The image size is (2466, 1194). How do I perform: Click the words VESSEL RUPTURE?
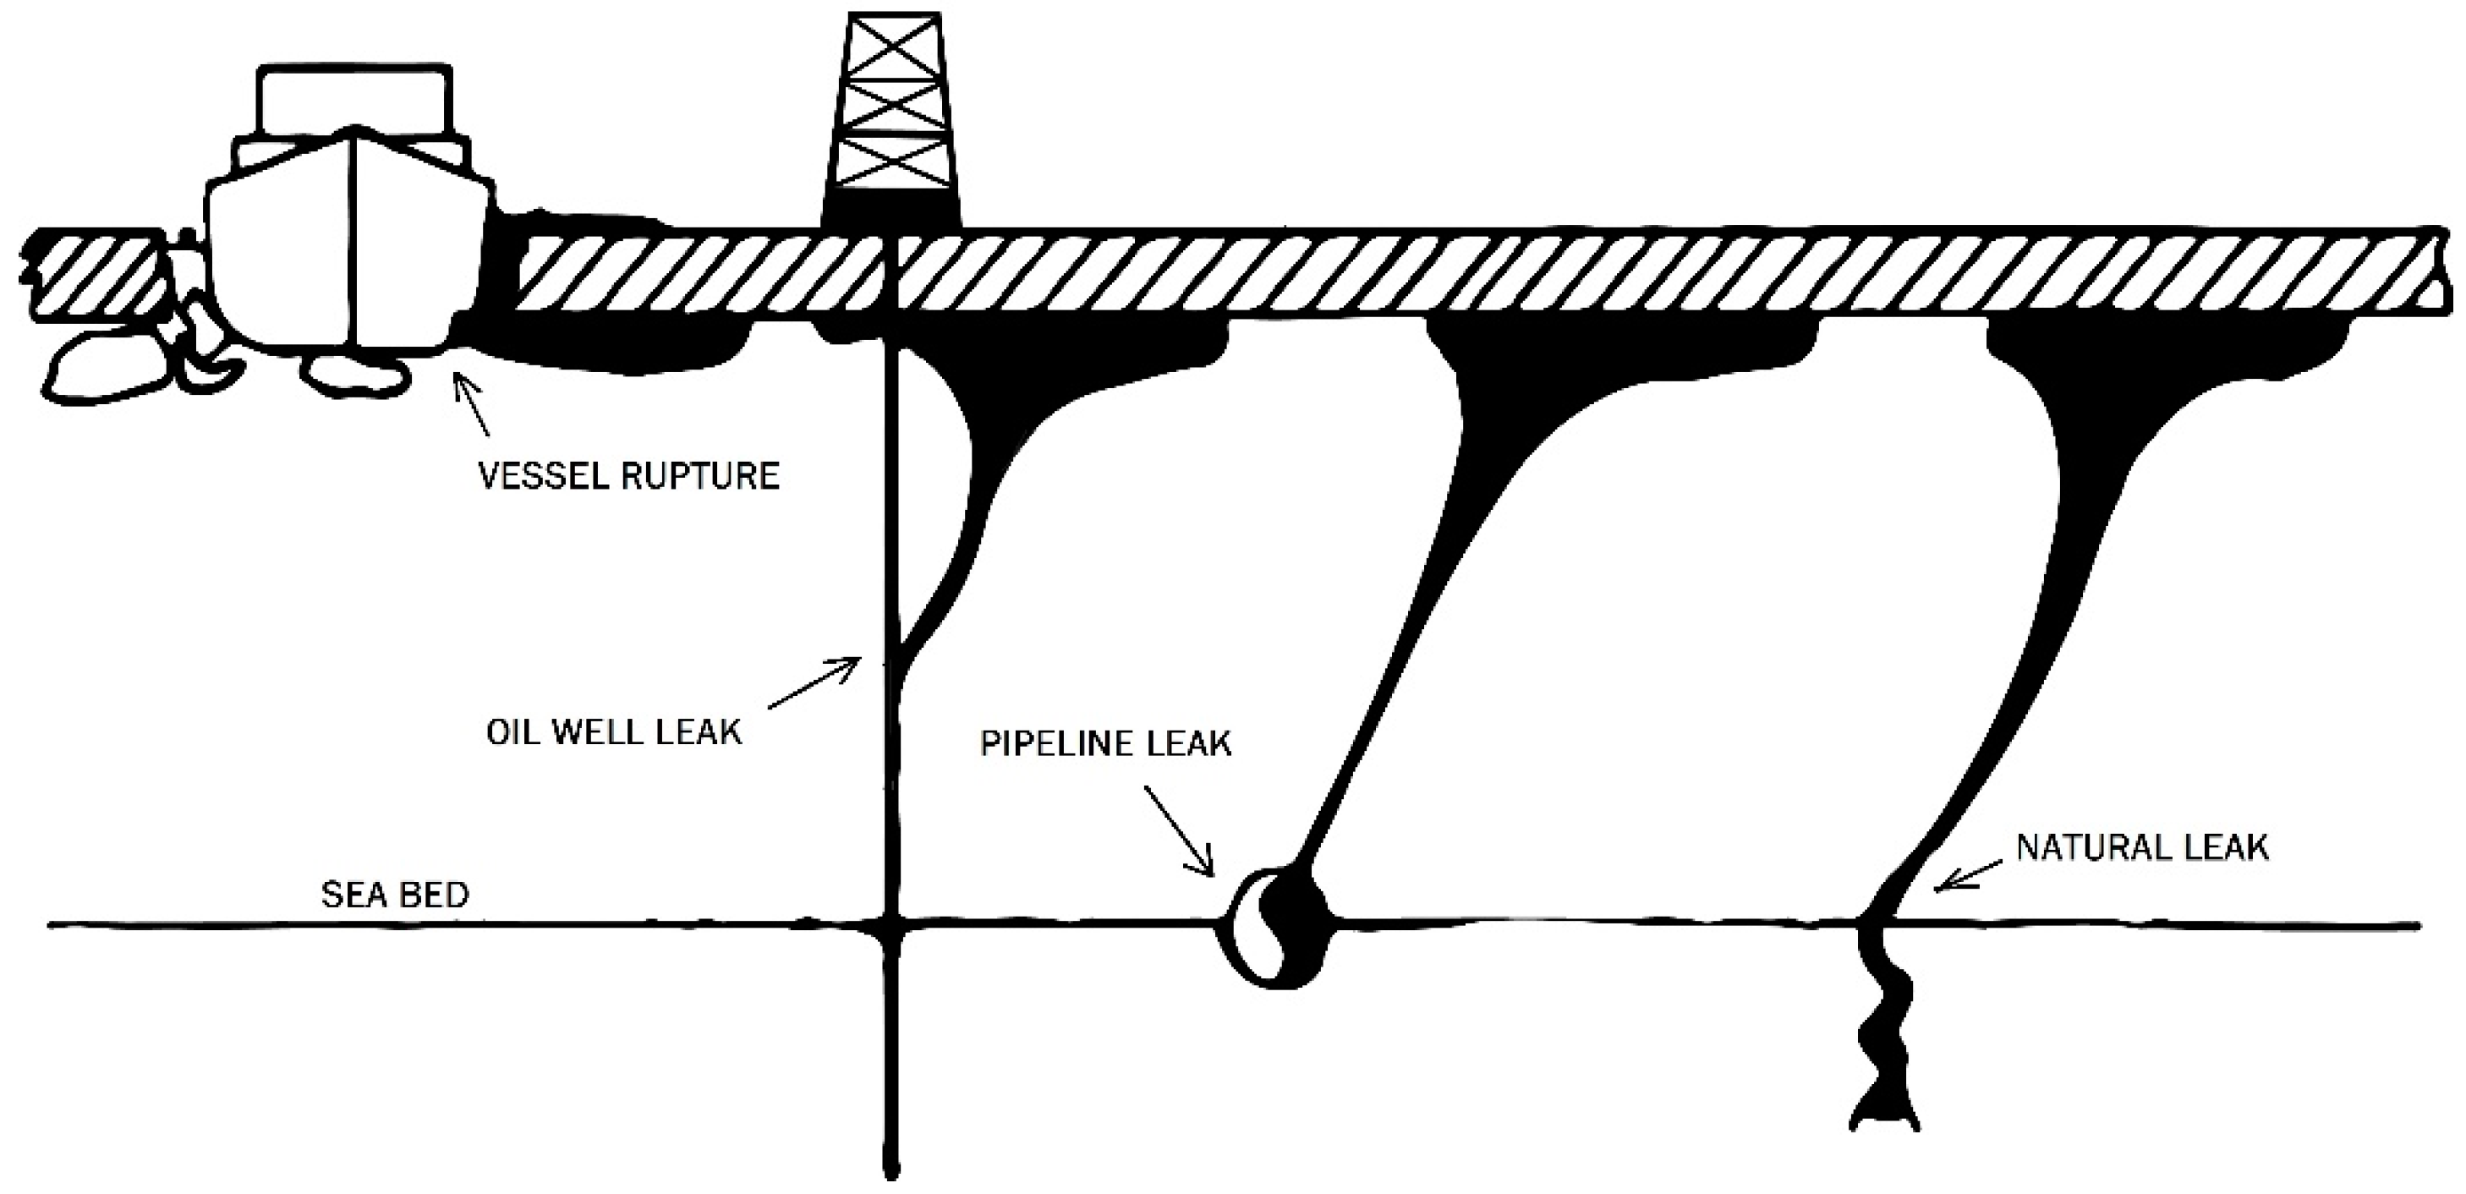tap(629, 476)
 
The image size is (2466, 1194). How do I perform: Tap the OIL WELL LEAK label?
tap(614, 732)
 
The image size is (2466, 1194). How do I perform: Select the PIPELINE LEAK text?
tap(1105, 744)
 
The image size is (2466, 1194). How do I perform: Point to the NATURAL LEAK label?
tap(2142, 847)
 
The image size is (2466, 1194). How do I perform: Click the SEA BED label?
tap(394, 895)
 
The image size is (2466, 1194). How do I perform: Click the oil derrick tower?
tap(891, 106)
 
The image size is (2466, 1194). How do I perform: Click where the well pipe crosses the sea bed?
tap(891, 925)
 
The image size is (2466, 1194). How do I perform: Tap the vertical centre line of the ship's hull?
tap(355, 239)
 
